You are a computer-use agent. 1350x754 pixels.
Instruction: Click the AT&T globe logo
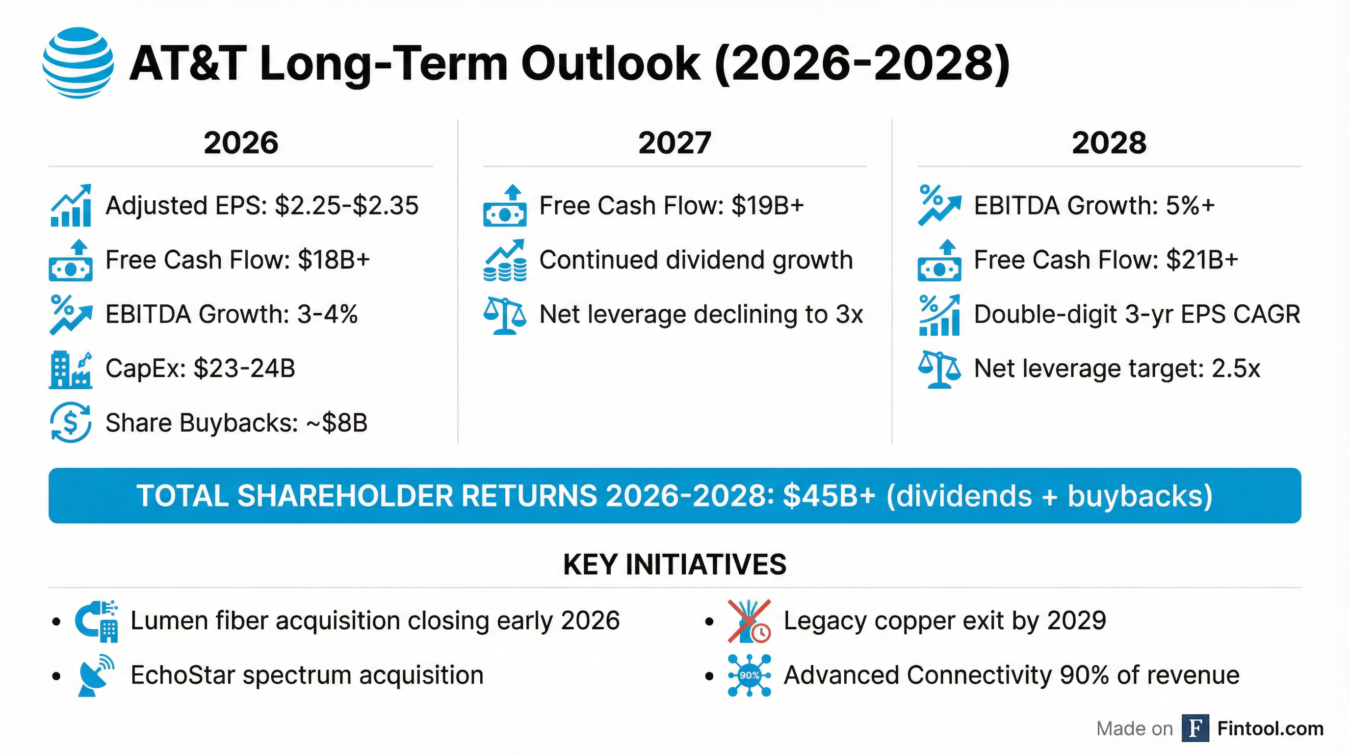point(78,63)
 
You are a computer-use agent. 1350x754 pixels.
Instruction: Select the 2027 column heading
point(675,143)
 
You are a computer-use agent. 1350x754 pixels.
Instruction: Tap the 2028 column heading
point(1109,143)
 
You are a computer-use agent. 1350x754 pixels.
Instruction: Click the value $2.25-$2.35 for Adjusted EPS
point(346,206)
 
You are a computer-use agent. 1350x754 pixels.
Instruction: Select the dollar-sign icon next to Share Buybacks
point(71,423)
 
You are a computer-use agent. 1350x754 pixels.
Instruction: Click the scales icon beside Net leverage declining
point(504,316)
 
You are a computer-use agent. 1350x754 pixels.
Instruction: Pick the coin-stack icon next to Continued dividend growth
point(504,261)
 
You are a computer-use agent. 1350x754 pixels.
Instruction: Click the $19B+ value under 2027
point(768,206)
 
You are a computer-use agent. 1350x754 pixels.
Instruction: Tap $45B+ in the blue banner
point(829,496)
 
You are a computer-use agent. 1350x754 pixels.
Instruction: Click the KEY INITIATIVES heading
point(675,565)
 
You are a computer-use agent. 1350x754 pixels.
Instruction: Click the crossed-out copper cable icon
point(749,621)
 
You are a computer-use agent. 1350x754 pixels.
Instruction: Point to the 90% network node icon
point(749,675)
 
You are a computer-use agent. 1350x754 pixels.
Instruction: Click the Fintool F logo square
point(1195,728)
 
